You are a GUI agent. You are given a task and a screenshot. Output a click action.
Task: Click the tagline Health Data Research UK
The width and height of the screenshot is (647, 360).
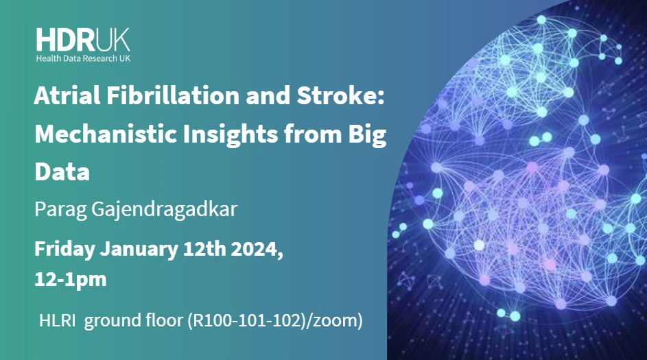coord(83,59)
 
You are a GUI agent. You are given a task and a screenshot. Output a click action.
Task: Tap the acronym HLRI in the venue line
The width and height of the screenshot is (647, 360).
coord(56,320)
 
